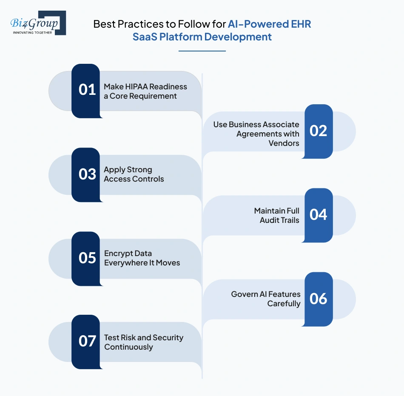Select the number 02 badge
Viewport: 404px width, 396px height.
pyautogui.click(x=319, y=131)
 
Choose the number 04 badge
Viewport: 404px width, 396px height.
pyautogui.click(x=319, y=215)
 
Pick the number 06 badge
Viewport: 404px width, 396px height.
pyautogui.click(x=319, y=299)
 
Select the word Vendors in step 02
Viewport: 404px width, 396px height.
pyautogui.click(x=284, y=143)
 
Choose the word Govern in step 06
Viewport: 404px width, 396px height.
pyautogui.click(x=244, y=294)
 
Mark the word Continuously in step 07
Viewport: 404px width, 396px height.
pyautogui.click(x=128, y=347)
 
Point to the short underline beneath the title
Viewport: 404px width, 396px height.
pyautogui.click(x=202, y=51)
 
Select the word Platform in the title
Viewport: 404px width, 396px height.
pyautogui.click(x=180, y=37)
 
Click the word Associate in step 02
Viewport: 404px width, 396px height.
pyautogui.click(x=279, y=124)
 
